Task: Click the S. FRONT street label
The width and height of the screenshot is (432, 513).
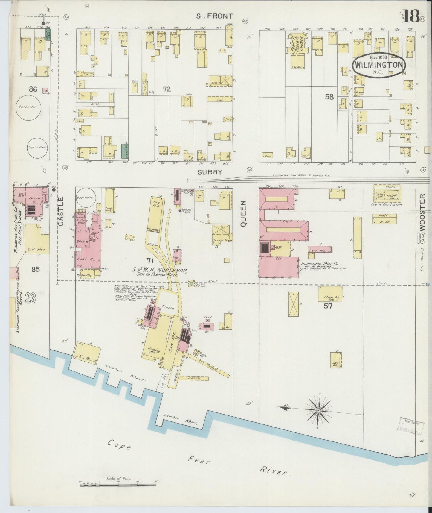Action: [214, 16]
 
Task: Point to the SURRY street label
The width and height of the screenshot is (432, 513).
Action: [210, 172]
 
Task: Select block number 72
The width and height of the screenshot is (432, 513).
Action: [167, 89]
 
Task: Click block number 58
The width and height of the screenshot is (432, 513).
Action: [329, 96]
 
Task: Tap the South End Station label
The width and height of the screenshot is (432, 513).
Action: [386, 204]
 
